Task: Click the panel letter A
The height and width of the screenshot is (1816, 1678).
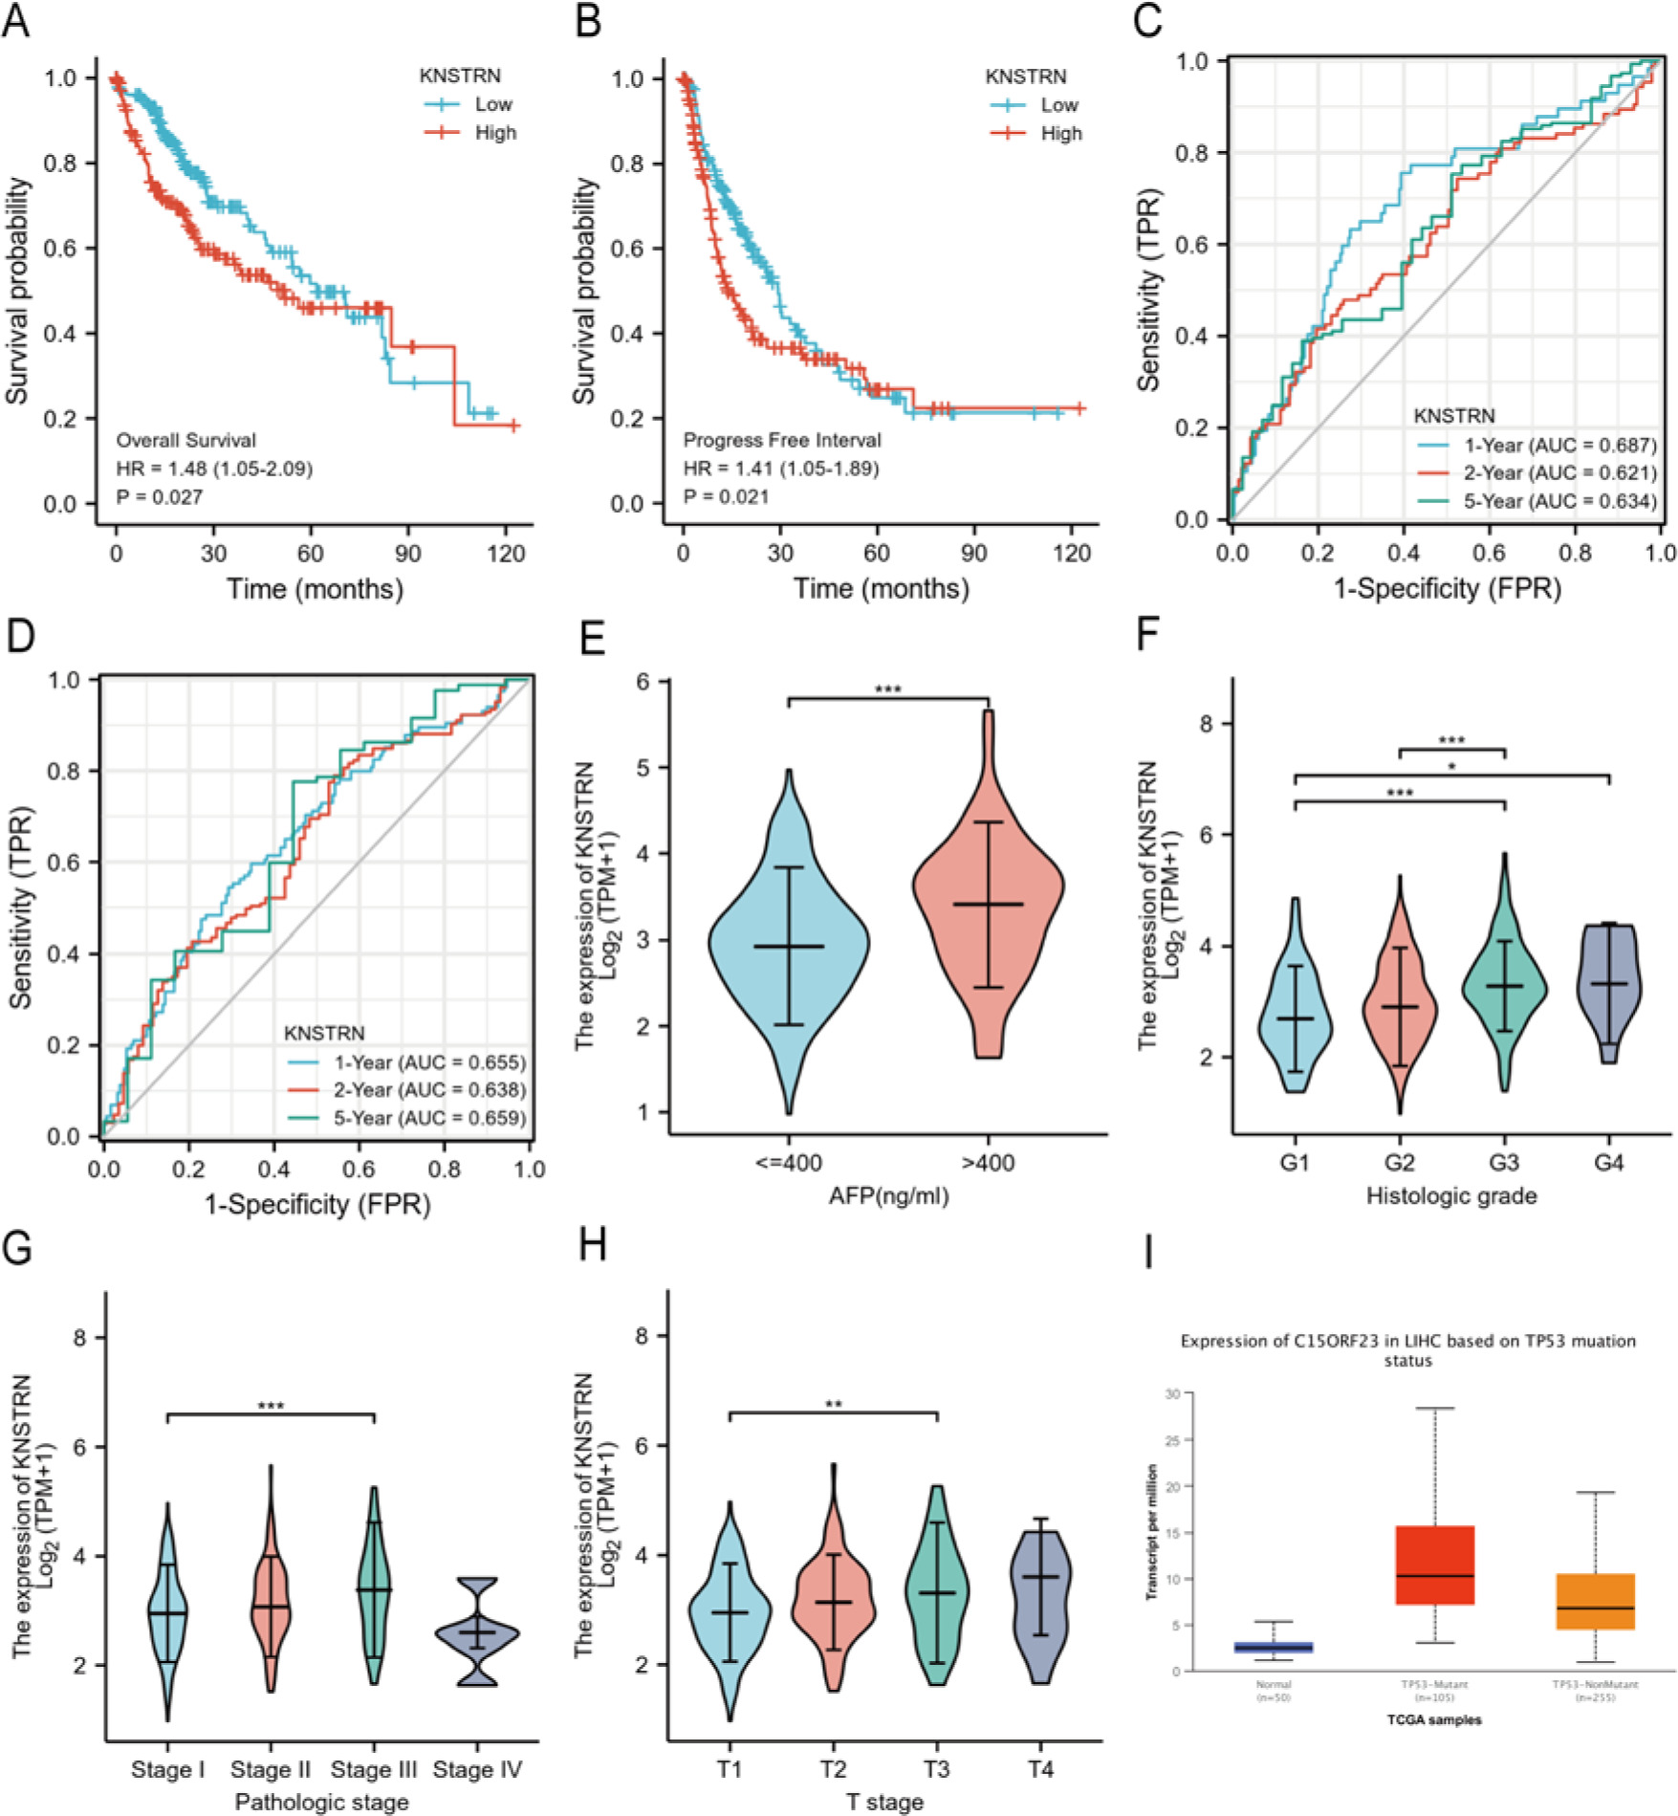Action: [16, 21]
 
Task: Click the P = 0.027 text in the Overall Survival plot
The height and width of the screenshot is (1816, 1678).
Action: [159, 496]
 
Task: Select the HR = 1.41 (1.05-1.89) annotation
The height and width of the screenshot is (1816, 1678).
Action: [780, 469]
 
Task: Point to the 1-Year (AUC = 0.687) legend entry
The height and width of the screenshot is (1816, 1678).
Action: [1559, 445]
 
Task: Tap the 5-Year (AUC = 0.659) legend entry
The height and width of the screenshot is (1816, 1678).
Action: [429, 1118]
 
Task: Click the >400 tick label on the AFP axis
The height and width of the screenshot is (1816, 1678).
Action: [988, 1164]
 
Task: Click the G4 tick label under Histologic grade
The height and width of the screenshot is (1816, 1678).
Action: [1608, 1164]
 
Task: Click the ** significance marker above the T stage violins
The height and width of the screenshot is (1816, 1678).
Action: [833, 1405]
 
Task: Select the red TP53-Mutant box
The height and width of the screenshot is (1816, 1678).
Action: [1434, 1565]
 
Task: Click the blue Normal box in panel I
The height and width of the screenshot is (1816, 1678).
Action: [1274, 1648]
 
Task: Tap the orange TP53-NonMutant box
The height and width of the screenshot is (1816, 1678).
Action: [1595, 1602]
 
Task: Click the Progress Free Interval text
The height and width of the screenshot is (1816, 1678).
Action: [782, 440]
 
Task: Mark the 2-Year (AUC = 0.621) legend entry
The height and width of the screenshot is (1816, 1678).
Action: [1559, 472]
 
